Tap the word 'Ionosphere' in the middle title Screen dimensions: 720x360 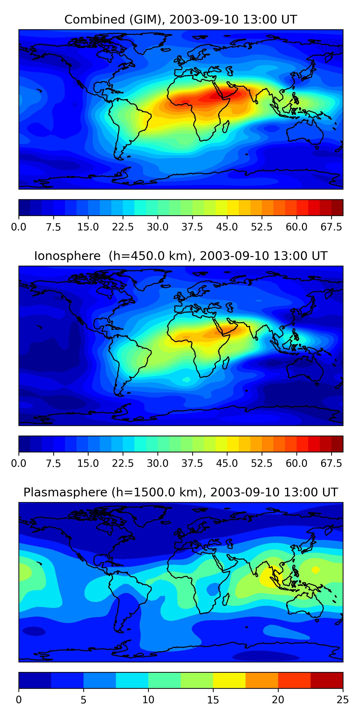67,256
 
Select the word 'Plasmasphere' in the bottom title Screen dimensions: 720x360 65,492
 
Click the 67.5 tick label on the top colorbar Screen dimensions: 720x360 331,227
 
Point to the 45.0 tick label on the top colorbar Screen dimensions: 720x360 227,227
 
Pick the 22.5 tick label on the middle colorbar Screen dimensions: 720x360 123,463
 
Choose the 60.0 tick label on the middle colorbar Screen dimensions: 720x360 297,463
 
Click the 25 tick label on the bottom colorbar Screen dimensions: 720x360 343,700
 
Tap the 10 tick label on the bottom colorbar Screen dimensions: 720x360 148,700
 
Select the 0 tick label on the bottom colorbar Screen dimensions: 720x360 19,700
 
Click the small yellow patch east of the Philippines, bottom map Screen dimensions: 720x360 315,569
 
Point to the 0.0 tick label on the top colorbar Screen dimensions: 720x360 19,227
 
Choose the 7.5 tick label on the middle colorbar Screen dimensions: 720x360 53,463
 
